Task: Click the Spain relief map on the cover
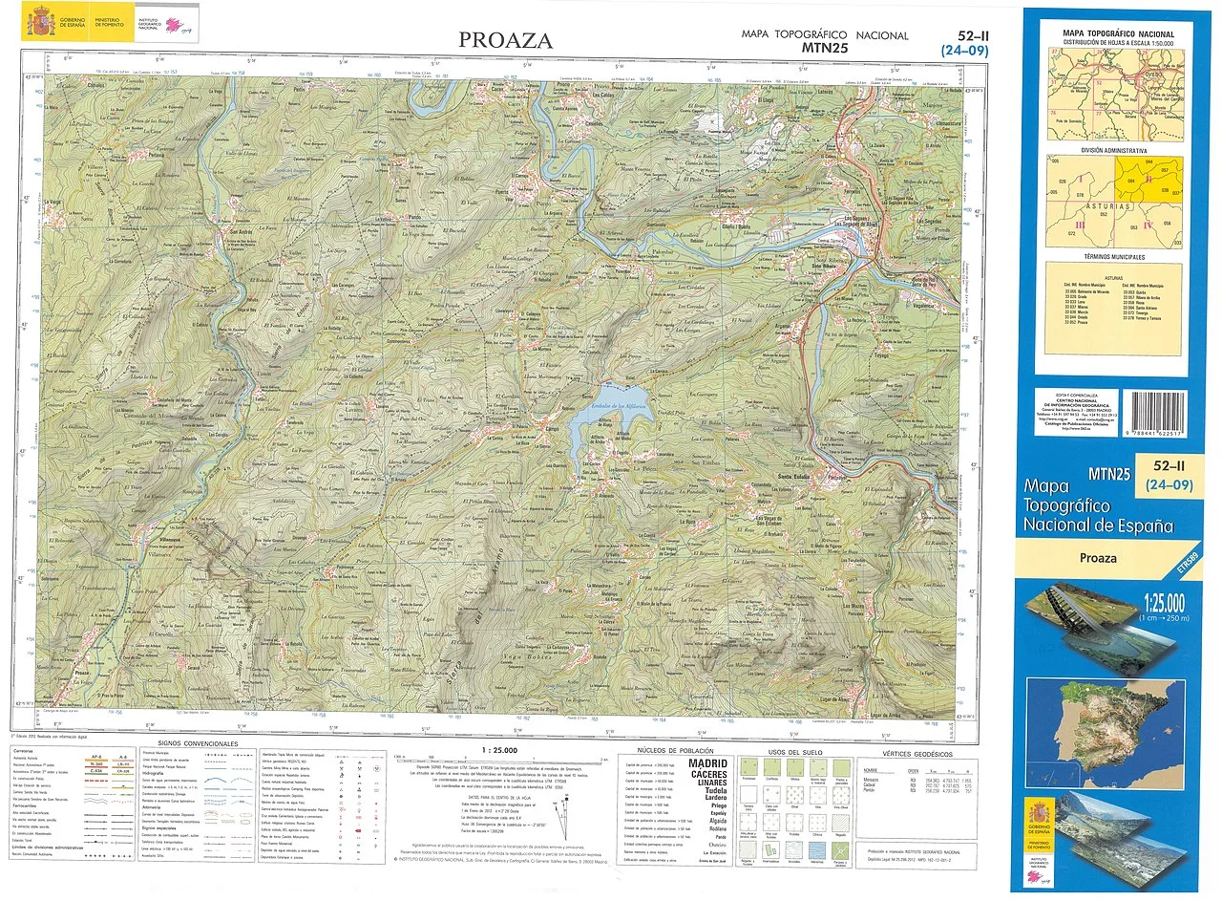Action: click(1106, 721)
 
